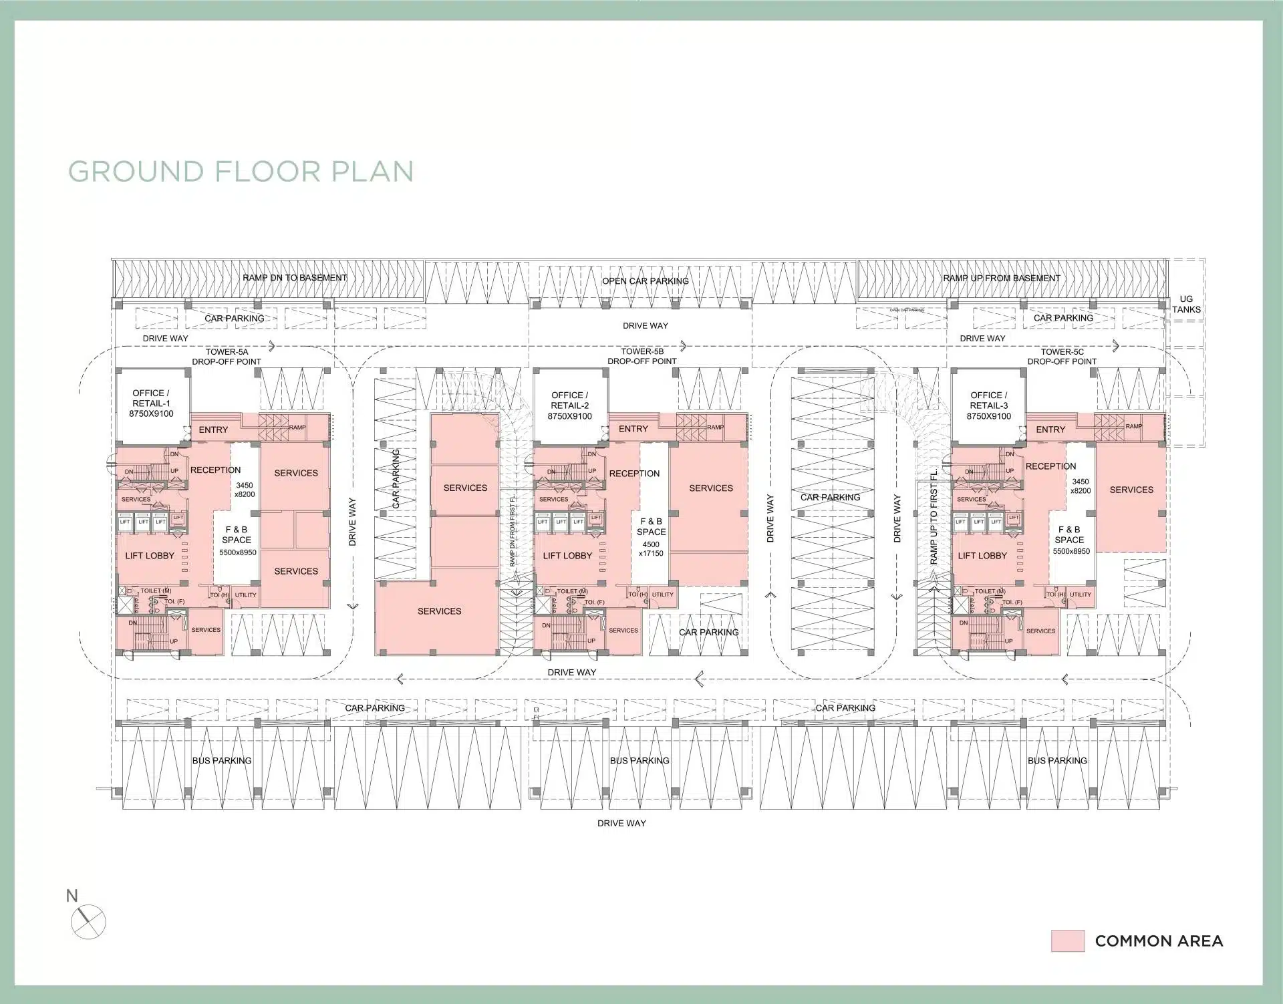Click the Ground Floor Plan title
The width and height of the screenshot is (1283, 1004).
click(x=241, y=172)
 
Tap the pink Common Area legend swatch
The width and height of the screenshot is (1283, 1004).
click(x=1067, y=941)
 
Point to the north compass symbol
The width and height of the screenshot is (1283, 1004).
click(x=88, y=923)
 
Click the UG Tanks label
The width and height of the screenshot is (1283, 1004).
click(x=1185, y=304)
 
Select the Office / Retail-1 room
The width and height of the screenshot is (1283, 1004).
click(x=152, y=403)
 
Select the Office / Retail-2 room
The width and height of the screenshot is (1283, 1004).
click(x=570, y=405)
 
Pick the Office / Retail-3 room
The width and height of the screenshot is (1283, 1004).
click(x=988, y=405)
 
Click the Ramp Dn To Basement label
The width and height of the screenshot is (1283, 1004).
click(x=295, y=278)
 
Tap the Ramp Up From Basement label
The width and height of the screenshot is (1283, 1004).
click(x=1001, y=278)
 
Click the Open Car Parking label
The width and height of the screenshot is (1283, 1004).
click(x=645, y=281)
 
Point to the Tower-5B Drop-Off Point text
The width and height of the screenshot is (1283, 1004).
click(x=642, y=356)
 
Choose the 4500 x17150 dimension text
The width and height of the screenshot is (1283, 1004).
click(x=650, y=548)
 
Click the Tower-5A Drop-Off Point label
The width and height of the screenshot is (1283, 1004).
click(x=227, y=357)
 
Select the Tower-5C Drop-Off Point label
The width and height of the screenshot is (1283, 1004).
click(x=1062, y=357)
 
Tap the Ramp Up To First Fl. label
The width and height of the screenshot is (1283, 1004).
click(x=934, y=516)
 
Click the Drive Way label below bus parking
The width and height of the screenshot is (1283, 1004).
click(x=621, y=823)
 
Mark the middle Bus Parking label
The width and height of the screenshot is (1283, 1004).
click(x=639, y=760)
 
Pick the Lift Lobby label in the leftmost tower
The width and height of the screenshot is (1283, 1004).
click(x=150, y=556)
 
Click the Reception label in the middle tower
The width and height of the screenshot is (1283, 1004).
click(x=634, y=474)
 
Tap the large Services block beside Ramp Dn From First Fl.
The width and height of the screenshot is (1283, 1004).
click(x=439, y=611)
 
